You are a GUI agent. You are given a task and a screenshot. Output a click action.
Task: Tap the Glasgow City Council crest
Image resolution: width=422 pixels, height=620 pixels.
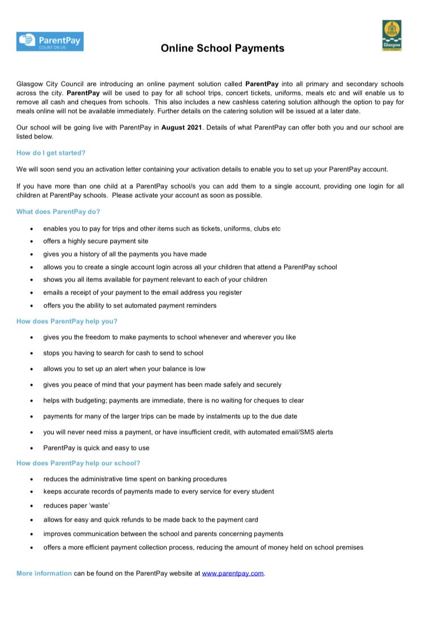[391, 35]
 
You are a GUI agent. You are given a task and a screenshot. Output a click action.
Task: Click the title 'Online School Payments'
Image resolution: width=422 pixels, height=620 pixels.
[222, 49]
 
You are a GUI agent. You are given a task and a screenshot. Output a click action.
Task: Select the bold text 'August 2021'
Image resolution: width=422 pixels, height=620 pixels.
[181, 128]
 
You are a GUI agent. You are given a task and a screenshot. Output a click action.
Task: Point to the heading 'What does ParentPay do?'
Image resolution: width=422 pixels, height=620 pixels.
[58, 212]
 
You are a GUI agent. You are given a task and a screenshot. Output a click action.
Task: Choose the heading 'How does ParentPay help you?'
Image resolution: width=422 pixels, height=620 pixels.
[67, 321]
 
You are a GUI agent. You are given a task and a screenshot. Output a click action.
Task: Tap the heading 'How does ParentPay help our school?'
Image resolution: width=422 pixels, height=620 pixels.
[78, 463]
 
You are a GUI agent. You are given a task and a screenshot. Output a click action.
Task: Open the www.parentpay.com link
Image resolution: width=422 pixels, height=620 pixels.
[233, 573]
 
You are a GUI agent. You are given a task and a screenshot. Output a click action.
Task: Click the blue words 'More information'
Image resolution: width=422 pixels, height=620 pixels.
[44, 573]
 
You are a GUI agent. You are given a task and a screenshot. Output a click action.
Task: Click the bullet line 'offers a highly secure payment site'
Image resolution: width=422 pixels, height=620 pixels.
[95, 241]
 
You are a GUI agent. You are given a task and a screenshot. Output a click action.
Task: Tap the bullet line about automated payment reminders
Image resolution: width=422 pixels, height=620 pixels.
[129, 305]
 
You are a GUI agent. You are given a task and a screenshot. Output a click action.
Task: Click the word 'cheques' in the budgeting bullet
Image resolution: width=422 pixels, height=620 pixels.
[259, 400]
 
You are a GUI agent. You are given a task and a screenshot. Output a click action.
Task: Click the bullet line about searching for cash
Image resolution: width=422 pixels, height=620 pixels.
[123, 353]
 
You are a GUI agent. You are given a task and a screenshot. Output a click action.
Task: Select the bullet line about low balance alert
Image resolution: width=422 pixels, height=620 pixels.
[124, 368]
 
